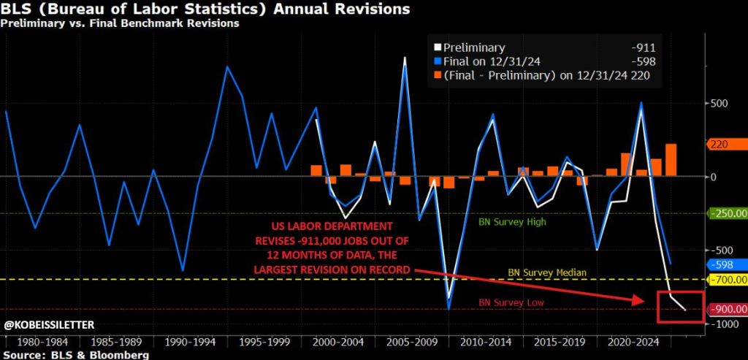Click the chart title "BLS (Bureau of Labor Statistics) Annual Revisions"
[x=205, y=9]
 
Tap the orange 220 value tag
[x=723, y=145]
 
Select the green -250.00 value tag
[x=728, y=213]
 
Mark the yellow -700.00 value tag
[x=728, y=280]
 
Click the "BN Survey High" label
[x=513, y=221]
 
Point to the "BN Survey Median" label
[x=547, y=272]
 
